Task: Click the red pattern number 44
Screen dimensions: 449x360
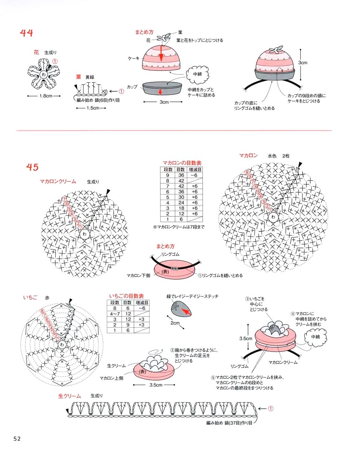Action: coord(26,33)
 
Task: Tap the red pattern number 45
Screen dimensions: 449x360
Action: coord(32,167)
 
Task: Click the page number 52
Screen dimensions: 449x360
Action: coord(17,439)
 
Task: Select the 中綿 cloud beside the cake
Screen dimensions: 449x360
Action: coord(197,74)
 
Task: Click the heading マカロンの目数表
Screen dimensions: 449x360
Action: coord(181,163)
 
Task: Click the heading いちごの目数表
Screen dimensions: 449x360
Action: coord(126,296)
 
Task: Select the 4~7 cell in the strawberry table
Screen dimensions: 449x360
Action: coord(115,314)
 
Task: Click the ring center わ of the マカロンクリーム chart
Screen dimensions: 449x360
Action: coord(85,234)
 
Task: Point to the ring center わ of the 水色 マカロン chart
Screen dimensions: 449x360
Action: coord(273,217)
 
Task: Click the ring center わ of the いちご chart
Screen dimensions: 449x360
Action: coord(62,345)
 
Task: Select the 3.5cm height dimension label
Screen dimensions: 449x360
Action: coord(246,339)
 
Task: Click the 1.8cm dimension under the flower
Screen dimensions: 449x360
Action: coord(46,96)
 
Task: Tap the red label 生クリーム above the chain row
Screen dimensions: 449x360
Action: coord(69,396)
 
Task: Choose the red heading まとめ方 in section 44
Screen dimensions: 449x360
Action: coord(144,32)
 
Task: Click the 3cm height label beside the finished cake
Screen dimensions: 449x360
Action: coord(303,63)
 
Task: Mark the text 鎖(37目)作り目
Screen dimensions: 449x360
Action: coord(238,423)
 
